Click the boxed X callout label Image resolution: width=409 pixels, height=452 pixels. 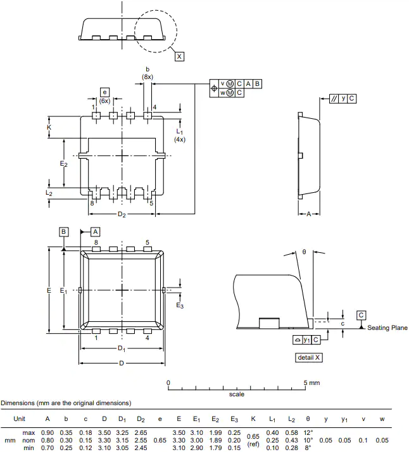(x=179, y=56)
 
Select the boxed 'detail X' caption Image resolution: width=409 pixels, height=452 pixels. (x=308, y=357)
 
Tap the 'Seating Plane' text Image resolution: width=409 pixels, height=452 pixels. (x=387, y=327)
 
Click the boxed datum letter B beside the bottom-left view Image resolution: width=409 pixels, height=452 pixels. (x=64, y=232)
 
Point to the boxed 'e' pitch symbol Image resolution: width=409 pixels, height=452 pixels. (x=104, y=92)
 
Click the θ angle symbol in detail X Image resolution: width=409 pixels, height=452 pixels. (x=304, y=252)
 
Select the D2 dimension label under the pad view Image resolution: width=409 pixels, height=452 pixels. (x=122, y=214)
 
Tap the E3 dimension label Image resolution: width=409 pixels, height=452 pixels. (x=180, y=305)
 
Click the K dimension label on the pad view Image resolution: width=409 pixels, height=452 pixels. (x=49, y=128)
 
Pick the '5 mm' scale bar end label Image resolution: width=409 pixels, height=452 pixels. (x=311, y=383)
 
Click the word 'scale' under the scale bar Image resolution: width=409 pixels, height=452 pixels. (x=237, y=394)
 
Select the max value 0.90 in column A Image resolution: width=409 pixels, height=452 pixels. (x=47, y=432)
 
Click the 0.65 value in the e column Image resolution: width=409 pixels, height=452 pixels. (x=160, y=440)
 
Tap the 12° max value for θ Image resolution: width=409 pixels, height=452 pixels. (x=308, y=432)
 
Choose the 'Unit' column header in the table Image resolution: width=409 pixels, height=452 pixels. (x=20, y=419)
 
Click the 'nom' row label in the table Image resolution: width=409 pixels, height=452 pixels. (x=28, y=441)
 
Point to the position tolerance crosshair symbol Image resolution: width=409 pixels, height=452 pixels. (x=214, y=89)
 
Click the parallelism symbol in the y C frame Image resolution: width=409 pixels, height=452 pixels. (x=334, y=99)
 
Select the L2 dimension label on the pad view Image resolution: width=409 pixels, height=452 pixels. (x=49, y=193)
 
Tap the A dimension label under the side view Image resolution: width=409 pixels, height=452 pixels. (x=308, y=214)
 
